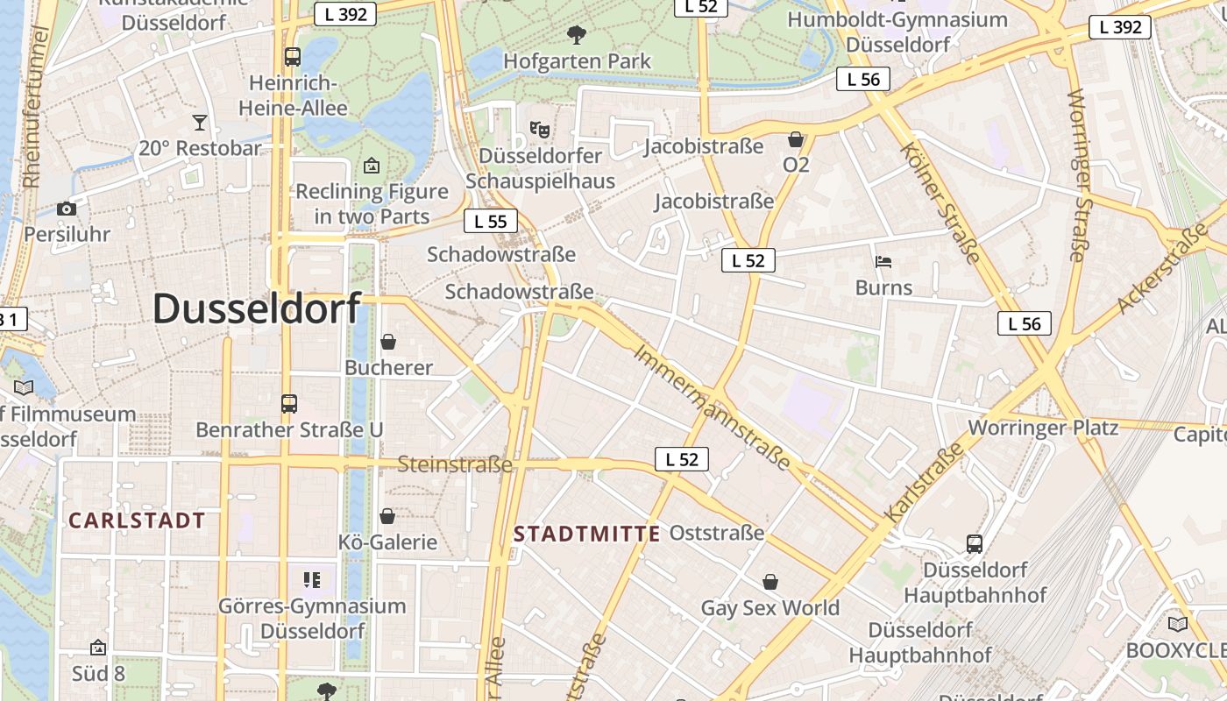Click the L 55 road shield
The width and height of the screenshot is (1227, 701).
(x=490, y=221)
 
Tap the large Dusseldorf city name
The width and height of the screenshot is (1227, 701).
(x=256, y=308)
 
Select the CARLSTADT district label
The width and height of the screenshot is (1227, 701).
(x=137, y=520)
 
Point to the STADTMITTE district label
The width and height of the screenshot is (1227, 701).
(x=586, y=534)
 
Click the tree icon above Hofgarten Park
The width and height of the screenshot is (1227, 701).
(x=577, y=35)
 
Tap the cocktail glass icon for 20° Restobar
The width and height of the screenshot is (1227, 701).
(x=200, y=123)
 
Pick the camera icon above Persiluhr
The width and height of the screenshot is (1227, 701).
(x=67, y=209)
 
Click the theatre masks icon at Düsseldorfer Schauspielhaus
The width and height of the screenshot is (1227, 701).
(x=540, y=130)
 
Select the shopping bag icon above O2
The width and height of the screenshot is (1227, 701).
(x=796, y=139)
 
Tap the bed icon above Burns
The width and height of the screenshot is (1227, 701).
(x=883, y=261)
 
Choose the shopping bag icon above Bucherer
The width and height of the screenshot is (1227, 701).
(x=388, y=342)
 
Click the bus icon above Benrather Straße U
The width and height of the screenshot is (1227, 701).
(x=289, y=404)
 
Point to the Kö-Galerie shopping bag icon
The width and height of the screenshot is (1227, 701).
(x=387, y=516)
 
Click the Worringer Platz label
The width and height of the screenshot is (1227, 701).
(x=1043, y=428)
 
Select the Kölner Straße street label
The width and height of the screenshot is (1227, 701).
(x=940, y=202)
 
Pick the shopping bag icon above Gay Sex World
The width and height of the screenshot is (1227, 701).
(x=770, y=582)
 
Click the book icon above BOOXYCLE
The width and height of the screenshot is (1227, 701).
(x=1178, y=624)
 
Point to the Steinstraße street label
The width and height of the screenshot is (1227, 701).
(x=455, y=464)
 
